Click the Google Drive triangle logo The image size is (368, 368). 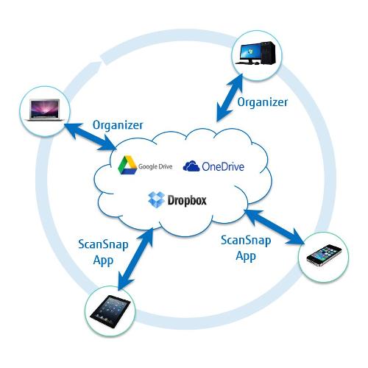127,165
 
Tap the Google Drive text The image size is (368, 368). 155,166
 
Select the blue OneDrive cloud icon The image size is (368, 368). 191,166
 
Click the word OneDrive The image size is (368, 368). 223,166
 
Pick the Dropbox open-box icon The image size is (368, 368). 156,199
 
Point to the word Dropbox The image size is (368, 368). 187,201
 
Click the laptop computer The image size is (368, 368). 45,110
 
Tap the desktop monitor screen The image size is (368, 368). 250,52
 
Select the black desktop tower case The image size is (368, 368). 268,53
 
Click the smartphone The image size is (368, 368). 324,255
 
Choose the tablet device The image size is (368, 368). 110,311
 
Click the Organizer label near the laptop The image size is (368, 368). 118,125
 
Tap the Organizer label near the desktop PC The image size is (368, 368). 263,102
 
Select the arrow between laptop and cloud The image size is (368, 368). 91,136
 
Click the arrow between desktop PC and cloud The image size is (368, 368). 230,98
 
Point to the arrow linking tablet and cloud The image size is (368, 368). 135,259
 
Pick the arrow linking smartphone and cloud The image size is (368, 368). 275,227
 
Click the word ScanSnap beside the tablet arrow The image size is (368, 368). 103,244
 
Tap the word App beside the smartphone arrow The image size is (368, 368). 246,256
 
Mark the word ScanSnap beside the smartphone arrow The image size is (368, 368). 246,240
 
